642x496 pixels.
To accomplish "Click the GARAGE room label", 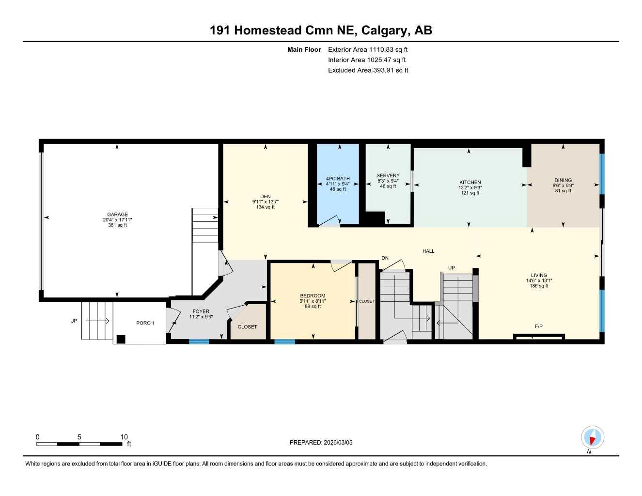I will [117, 215].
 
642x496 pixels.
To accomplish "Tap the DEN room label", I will [265, 197].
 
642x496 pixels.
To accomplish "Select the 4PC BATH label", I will [338, 179].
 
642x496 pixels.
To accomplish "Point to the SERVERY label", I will [388, 176].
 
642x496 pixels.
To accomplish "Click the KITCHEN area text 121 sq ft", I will [470, 193].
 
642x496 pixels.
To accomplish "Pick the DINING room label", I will [563, 180].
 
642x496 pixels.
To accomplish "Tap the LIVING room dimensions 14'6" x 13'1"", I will [539, 281].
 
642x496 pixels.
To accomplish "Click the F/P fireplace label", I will [538, 326].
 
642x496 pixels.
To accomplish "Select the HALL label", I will [428, 251].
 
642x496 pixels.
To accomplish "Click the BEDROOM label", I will [313, 296].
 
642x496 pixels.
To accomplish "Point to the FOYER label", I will [201, 311].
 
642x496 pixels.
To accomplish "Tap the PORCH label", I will [145, 323].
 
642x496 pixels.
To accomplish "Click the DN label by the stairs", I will [385, 258].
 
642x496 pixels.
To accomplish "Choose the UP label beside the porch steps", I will [74, 321].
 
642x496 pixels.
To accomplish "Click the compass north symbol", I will [592, 438].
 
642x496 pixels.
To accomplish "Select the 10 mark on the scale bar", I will [124, 437].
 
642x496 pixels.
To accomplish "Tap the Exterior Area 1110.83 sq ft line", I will [368, 49].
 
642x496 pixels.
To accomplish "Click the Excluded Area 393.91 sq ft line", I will [368, 70].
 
